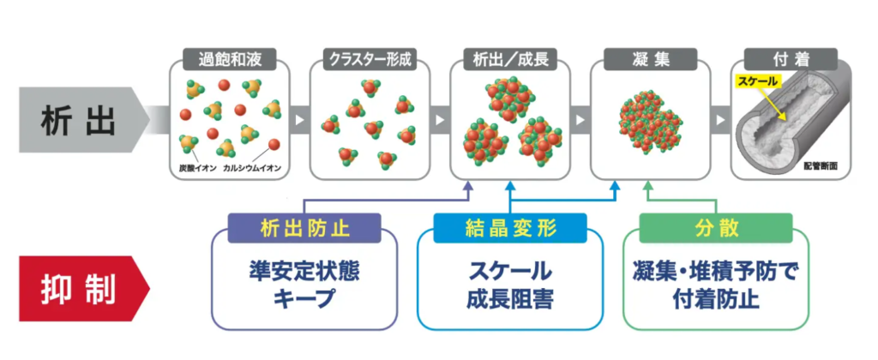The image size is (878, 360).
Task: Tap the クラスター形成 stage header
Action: point(370,60)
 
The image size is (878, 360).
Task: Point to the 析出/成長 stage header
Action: point(510,60)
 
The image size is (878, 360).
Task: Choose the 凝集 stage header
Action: point(650,60)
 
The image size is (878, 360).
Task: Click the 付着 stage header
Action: point(789,60)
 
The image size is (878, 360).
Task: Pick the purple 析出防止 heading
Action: point(304,229)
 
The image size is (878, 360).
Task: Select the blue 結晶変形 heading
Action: point(509,229)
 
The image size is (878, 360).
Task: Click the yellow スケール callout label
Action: point(758,81)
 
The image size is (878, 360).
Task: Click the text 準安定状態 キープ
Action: point(304,285)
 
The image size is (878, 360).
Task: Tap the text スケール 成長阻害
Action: point(509,285)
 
